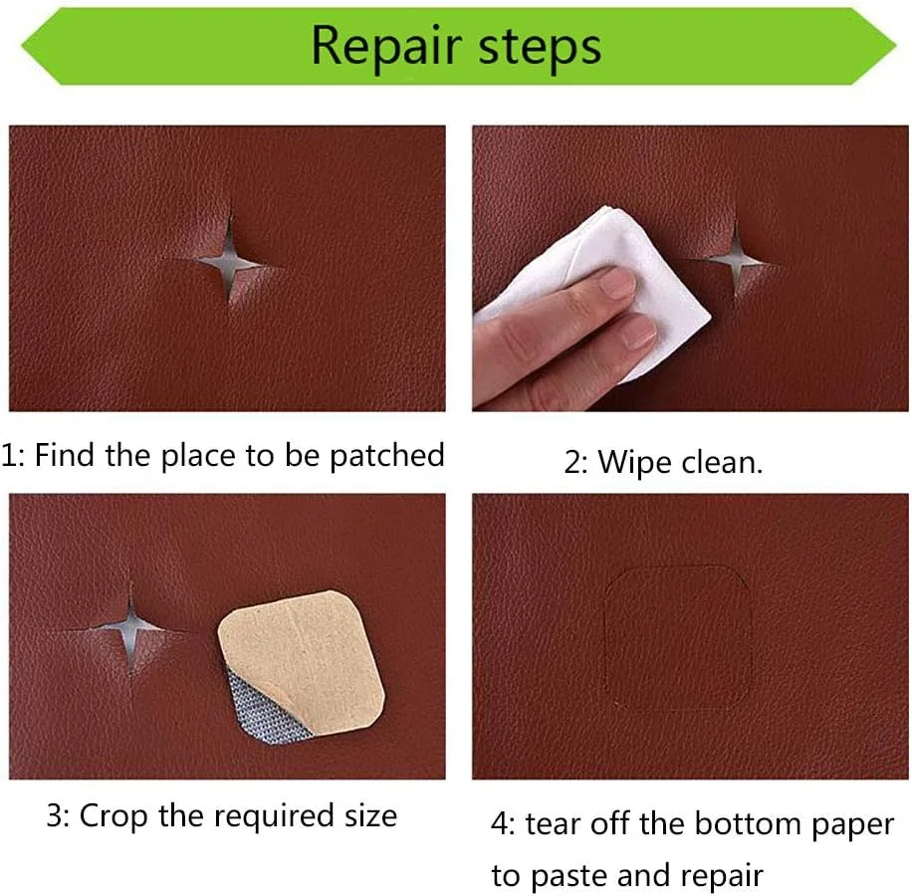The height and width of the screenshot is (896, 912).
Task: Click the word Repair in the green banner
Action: tap(386, 48)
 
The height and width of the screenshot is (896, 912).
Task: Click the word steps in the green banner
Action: tap(540, 48)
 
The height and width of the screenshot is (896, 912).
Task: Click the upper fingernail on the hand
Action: tap(617, 283)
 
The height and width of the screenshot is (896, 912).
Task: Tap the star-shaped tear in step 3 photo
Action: tap(130, 629)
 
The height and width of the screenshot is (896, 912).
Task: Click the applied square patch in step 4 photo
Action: tap(678, 637)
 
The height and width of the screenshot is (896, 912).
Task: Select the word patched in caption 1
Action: tap(387, 456)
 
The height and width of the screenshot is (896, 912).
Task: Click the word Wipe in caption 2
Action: tap(635, 463)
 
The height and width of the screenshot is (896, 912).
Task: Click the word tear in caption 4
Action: tap(549, 824)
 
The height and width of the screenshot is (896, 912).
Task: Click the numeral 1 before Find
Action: tap(8, 455)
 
